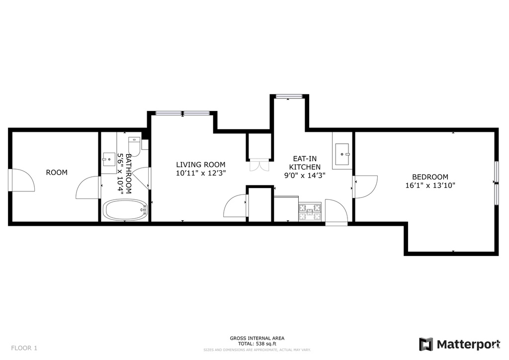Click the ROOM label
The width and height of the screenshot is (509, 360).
coord(57,173)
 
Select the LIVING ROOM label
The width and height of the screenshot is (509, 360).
coord(201,165)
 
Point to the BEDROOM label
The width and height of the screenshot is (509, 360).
coord(430,177)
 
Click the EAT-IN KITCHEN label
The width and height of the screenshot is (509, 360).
coord(305,163)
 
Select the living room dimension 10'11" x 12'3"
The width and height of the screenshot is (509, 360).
coord(201,174)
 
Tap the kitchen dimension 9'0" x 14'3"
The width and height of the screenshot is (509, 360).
coord(305,176)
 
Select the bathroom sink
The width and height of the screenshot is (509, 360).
coord(109,159)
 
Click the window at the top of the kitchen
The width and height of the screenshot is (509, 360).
coord(288,96)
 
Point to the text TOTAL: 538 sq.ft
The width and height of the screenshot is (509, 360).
coord(257,344)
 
